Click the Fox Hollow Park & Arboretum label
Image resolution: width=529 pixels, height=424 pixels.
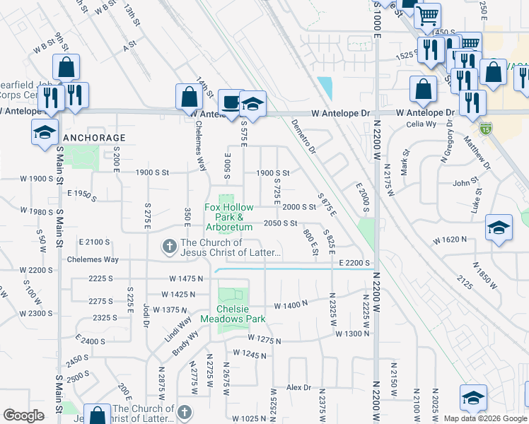point(228,217)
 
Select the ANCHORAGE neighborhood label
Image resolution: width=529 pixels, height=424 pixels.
point(95,138)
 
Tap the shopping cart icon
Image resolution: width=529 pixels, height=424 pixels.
point(426,17)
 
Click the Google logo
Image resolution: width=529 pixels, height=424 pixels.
point(23,416)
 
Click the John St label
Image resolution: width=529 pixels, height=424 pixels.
point(465,183)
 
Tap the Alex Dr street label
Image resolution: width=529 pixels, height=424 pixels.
point(298,387)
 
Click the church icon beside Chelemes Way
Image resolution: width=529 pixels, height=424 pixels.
point(169,247)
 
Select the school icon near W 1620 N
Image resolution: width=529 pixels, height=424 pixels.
point(499,228)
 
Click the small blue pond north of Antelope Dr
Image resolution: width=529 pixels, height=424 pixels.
point(325,88)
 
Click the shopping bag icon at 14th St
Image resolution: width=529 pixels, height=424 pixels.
point(190,98)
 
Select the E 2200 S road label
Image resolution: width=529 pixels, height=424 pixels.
point(354,263)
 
